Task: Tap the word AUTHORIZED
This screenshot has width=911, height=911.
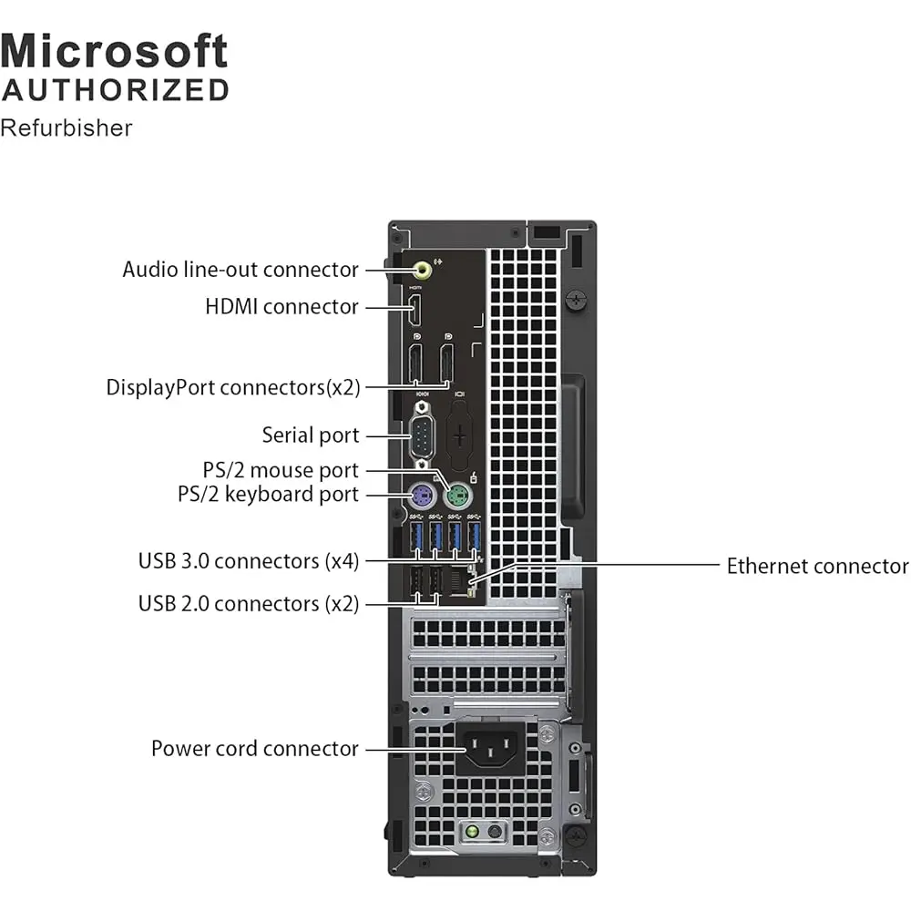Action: pos(115,90)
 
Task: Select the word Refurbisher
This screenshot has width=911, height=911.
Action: pos(67,128)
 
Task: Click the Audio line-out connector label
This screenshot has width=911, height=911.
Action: pos(241,270)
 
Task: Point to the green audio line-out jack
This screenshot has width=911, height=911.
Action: pos(422,270)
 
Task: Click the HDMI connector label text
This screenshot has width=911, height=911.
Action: pos(281,307)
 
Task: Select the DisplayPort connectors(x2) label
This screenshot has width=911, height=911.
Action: pos(233,387)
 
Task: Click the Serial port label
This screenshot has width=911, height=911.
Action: pos(311,435)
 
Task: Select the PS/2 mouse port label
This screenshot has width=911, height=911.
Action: pos(281,471)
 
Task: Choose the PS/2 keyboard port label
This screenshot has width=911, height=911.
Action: pos(268,495)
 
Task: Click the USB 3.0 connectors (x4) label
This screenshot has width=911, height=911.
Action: pos(249,560)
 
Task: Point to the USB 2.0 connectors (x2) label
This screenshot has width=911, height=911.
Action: pos(249,603)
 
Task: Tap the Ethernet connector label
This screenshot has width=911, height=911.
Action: pos(817,567)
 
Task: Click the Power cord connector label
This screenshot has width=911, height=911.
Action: pos(255,749)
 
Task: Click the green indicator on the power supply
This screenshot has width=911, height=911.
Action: pos(472,832)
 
